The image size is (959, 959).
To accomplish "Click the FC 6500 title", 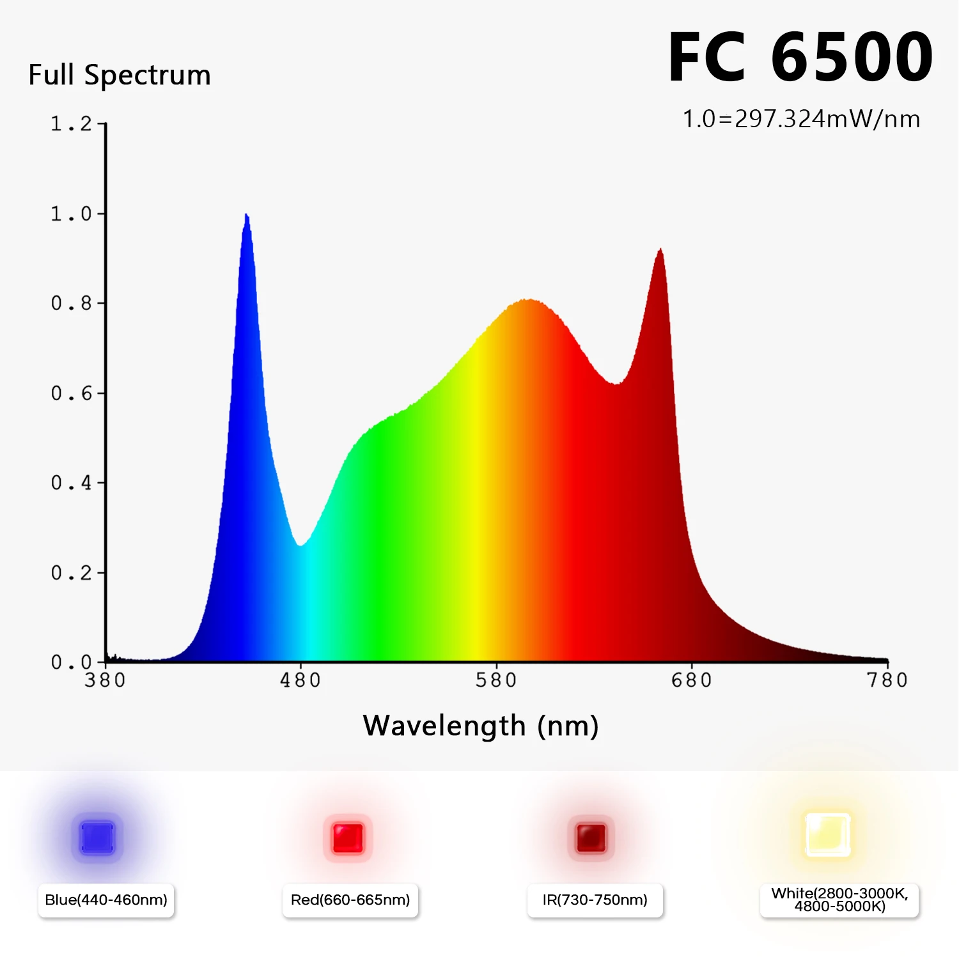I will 800,58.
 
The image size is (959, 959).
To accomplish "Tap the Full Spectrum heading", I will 120,75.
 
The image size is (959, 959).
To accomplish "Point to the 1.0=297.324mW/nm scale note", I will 801,119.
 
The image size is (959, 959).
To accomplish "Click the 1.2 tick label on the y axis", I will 71,124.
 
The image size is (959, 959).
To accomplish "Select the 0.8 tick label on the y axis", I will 71,303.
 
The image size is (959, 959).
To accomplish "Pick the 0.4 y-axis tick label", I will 71,483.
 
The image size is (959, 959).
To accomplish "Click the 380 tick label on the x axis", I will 105,680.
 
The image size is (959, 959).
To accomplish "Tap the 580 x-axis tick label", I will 496,680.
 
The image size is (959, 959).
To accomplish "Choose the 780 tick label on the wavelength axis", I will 887,680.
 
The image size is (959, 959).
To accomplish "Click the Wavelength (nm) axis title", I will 481,726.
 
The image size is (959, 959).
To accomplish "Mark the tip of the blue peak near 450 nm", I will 247,215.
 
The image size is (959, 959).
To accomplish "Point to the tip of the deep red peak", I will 660,250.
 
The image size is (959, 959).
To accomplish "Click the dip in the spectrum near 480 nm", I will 300,545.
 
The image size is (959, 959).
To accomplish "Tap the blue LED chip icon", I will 97,838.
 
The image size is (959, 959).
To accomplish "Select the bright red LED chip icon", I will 348,838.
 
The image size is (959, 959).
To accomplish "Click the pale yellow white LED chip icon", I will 827,835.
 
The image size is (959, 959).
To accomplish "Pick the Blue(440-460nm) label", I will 106,900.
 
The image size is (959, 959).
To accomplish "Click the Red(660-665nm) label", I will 350,900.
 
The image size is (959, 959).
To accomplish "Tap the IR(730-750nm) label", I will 595,900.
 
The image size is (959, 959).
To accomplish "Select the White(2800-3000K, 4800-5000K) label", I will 839,900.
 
